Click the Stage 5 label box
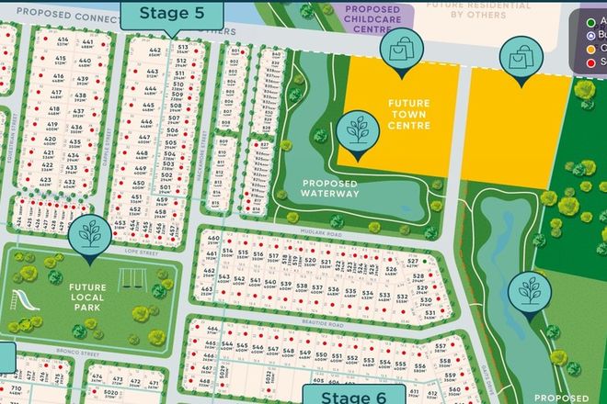[170, 13]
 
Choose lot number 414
[62, 42]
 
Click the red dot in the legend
[590, 62]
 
